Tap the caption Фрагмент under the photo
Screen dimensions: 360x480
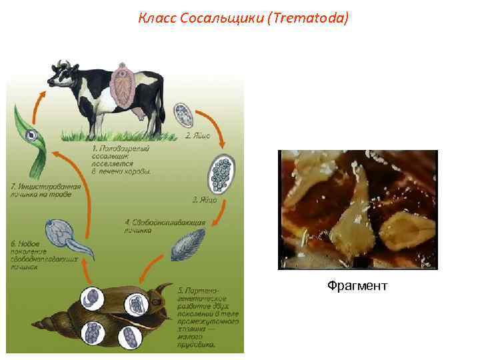click(357, 286)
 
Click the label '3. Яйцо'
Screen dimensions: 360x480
click(204, 199)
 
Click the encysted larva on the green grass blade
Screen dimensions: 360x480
click(31, 137)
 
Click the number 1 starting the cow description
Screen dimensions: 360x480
click(95, 147)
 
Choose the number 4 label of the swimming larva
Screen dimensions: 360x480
click(127, 221)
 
